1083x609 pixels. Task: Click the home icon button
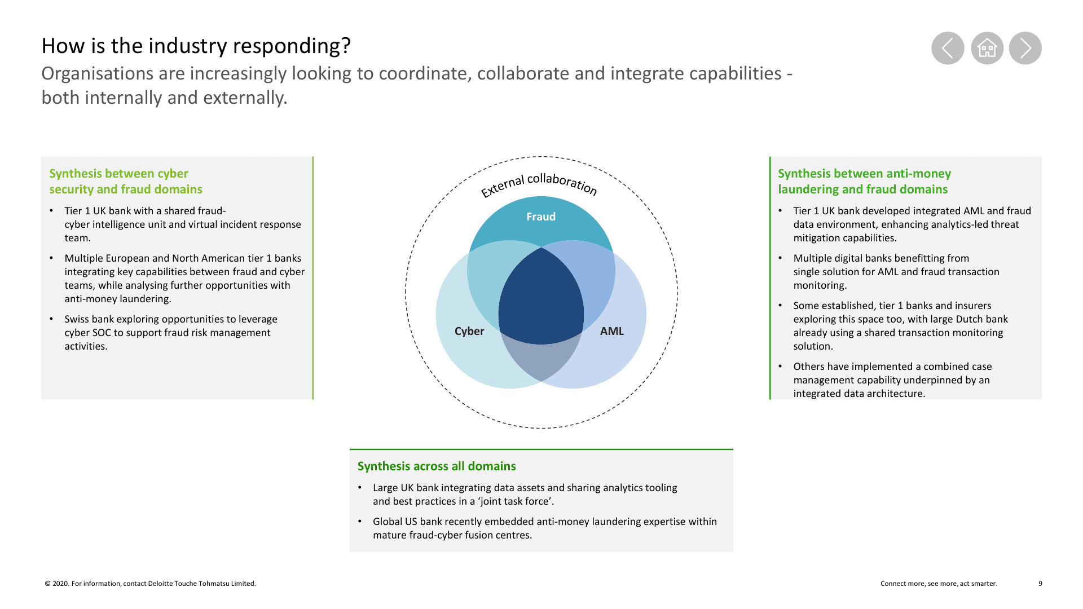click(x=987, y=48)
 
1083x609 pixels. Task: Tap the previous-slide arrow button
click(x=948, y=48)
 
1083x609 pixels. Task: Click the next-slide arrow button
click(x=1025, y=48)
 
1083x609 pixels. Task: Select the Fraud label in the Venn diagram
click(x=541, y=217)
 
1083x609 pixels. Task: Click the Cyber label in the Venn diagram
click(x=469, y=331)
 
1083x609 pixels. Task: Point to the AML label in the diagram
click(x=612, y=331)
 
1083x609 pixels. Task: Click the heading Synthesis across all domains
click(x=437, y=466)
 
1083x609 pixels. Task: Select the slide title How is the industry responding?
click(x=196, y=46)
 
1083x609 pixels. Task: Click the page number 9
click(x=1040, y=584)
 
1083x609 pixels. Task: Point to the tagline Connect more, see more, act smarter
click(x=939, y=584)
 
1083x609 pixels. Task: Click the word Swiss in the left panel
click(x=77, y=319)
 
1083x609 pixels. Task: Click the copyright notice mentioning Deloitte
click(x=150, y=584)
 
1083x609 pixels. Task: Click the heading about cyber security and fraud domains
click(x=126, y=182)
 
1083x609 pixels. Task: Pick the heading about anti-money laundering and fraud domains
click(x=864, y=182)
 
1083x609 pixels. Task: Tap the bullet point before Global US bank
click(x=360, y=522)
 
